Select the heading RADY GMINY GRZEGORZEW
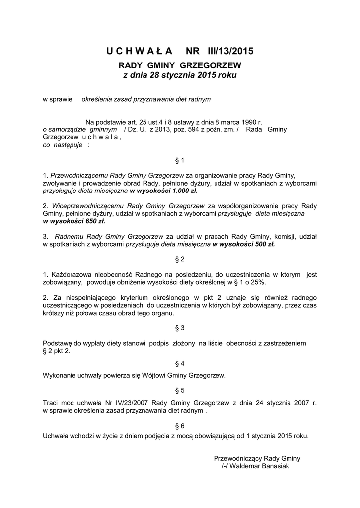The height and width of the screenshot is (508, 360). (180, 65)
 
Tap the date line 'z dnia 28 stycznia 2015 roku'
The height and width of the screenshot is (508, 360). (180, 75)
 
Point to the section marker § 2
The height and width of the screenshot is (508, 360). (180, 259)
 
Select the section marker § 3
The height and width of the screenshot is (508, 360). (180, 328)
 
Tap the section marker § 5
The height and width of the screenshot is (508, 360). (180, 390)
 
